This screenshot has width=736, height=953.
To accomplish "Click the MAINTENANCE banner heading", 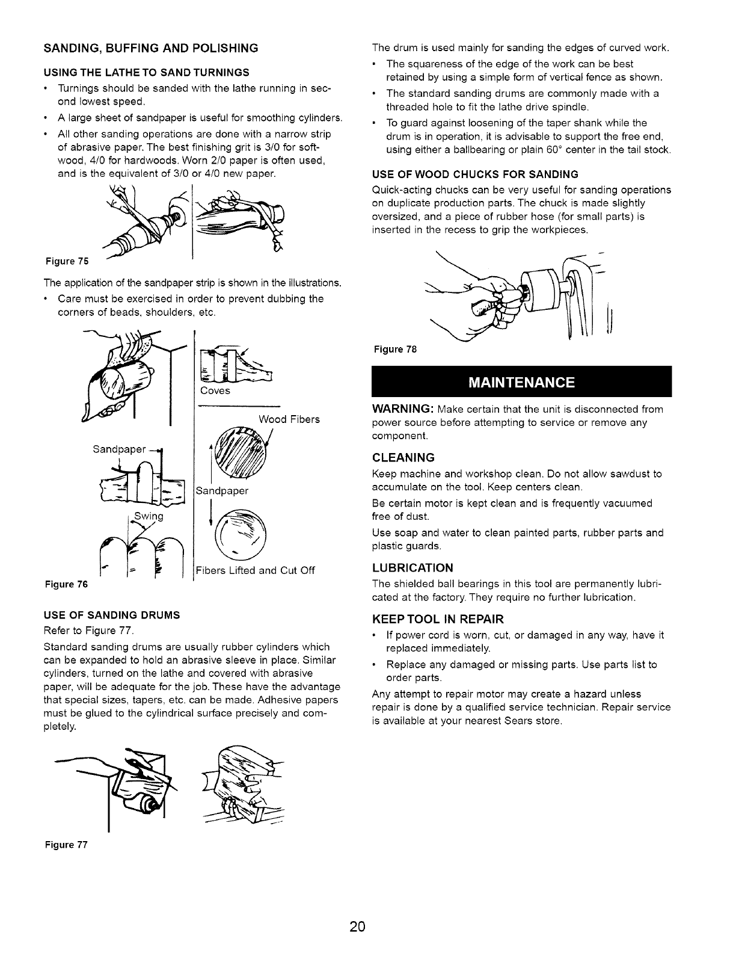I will (521, 383).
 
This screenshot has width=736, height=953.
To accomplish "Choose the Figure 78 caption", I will (395, 350).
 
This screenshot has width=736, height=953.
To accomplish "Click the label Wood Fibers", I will (289, 419).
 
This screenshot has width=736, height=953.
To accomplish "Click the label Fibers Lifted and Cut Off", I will (255, 570).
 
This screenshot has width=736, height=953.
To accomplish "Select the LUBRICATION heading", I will (412, 568).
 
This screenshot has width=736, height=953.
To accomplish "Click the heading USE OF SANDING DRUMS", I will (111, 615).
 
